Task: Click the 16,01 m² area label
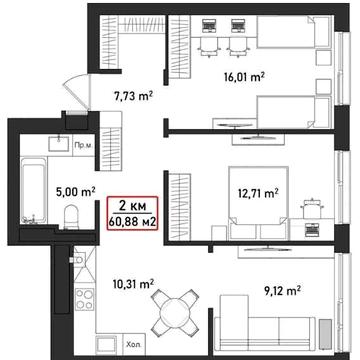(244, 77)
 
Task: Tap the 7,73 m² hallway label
(133, 97)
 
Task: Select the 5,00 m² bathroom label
(76, 192)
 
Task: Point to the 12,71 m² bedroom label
(258, 193)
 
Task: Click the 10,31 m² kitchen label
(133, 284)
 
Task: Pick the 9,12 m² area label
(282, 291)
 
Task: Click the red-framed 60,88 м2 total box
(132, 213)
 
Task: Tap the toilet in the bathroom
(71, 217)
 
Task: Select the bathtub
(33, 190)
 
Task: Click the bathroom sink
(59, 144)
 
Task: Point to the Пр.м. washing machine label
(83, 146)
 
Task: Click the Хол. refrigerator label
(131, 344)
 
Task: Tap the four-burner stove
(84, 299)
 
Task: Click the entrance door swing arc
(75, 90)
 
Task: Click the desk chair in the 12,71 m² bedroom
(313, 209)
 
